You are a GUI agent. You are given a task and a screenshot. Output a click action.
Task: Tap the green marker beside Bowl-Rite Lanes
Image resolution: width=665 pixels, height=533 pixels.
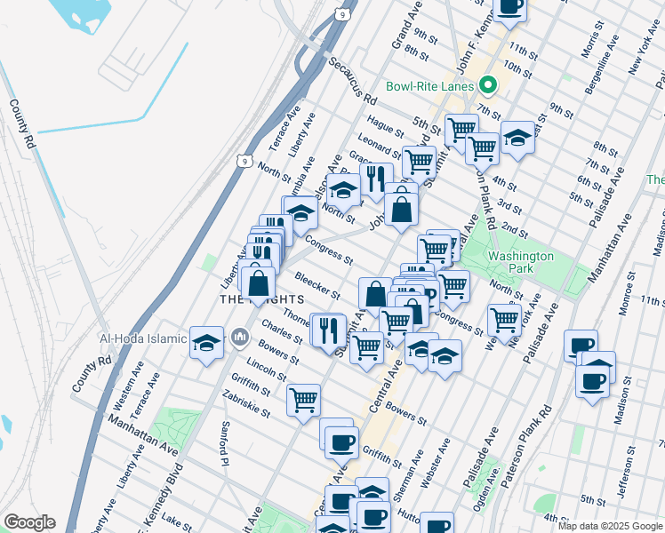click(486, 86)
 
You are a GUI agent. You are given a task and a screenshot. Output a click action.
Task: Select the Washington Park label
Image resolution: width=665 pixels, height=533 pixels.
click(520, 263)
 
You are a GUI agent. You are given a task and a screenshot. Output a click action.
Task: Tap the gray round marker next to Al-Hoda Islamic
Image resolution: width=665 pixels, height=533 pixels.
click(239, 338)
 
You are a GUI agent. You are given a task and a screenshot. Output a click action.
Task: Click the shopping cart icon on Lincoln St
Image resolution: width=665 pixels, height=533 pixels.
click(304, 399)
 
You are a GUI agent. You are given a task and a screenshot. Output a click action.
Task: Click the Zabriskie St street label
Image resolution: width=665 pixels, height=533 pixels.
click(248, 407)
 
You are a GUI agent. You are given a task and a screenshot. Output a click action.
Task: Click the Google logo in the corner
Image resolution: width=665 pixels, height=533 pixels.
click(29, 522)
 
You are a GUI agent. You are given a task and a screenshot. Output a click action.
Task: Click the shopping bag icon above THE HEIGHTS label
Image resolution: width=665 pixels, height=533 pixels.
click(259, 283)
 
